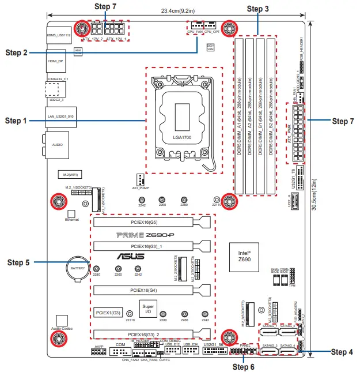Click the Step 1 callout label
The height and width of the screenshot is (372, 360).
[16, 121]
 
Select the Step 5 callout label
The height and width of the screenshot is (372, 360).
[18, 262]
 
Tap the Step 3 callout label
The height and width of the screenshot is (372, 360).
[257, 9]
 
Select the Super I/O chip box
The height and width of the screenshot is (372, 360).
[148, 307]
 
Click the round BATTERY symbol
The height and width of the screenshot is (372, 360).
[77, 268]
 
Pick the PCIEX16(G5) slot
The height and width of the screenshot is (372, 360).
[144, 222]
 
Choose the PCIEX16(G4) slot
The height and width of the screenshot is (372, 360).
[144, 290]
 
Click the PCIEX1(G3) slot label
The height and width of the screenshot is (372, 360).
[108, 312]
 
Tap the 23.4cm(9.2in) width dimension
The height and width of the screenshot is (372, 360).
[177, 10]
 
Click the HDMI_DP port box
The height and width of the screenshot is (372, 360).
[56, 61]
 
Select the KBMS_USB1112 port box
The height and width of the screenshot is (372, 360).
[58, 35]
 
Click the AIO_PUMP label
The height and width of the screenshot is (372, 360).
[139, 188]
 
